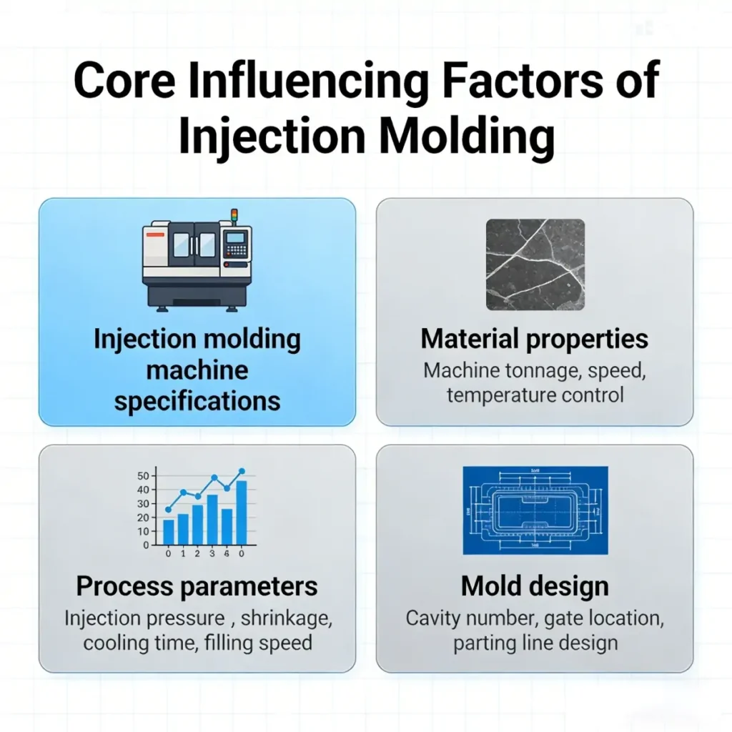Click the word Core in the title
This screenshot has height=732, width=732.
tap(123, 81)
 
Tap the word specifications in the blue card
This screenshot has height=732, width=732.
tap(197, 400)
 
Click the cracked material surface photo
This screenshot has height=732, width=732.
tap(535, 264)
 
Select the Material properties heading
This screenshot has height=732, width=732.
tap(535, 339)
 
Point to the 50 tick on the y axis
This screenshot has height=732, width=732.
tap(142, 476)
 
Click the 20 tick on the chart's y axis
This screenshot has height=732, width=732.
tap(142, 518)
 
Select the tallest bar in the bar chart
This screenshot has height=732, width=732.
tap(242, 512)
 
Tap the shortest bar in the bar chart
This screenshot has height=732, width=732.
tap(169, 531)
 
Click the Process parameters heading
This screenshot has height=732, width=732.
tap(197, 587)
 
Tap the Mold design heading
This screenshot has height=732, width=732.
tap(535, 587)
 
